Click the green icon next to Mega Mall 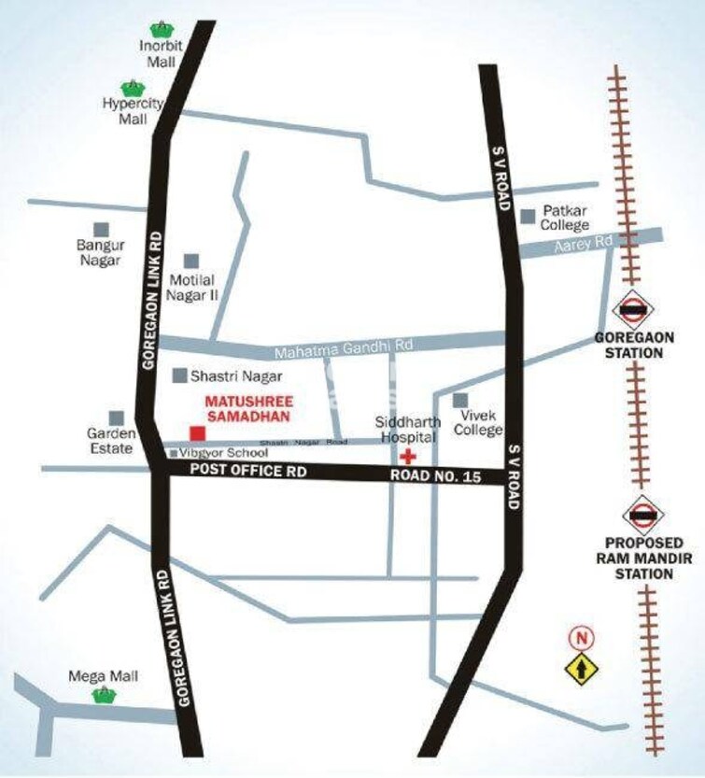point(103,695)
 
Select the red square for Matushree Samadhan point(196,433)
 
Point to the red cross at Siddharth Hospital point(406,457)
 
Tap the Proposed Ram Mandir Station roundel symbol point(642,514)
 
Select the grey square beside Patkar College point(529,216)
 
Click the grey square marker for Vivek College point(460,400)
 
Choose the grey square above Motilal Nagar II point(191,260)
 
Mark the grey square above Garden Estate point(117,417)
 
